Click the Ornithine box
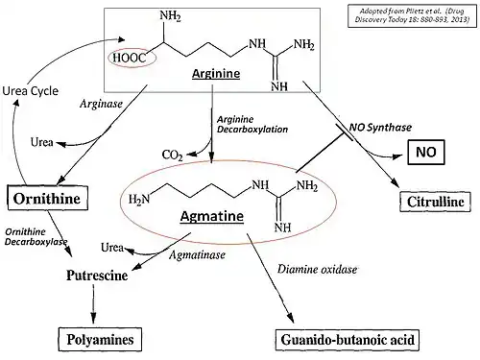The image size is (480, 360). pos(48,198)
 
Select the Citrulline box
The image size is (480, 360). pos(435,202)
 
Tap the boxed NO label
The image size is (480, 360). pos(426,152)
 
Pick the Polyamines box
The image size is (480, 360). pos(100,340)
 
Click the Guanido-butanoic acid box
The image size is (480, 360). pos(348,340)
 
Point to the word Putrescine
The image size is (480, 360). pos(97,276)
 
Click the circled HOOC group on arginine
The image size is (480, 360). pos(132,58)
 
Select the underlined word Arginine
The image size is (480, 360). pos(216,74)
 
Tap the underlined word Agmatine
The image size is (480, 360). pos(212,216)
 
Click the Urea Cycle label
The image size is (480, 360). pos(31,91)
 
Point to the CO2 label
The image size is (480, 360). pos(172,156)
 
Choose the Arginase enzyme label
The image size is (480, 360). pos(101,104)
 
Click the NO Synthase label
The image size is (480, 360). pos(380,128)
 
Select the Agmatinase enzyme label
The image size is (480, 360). pos(197,255)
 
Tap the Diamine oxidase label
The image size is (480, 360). pos(317,269)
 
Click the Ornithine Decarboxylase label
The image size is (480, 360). pos(36,237)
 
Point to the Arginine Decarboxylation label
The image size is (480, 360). pos(252,125)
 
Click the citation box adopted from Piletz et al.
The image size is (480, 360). pos(412,15)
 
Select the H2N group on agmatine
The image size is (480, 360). pos(139,200)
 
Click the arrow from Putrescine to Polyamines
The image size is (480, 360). pos(93,304)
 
